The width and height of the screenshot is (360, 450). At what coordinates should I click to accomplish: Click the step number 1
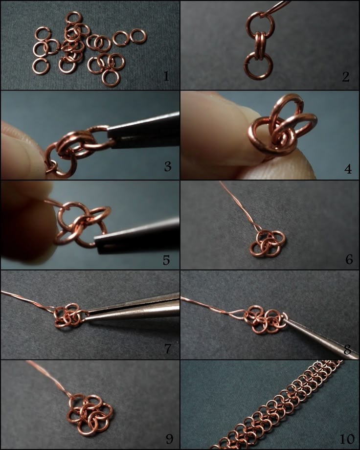coord(166,76)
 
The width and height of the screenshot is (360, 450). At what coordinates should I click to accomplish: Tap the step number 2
coord(346,76)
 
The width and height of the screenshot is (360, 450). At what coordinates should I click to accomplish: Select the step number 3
coord(168,166)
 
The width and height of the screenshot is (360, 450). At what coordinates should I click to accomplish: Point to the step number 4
coord(348,169)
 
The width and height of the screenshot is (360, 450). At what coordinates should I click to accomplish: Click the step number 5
coord(166,260)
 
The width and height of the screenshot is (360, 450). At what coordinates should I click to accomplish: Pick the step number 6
coord(349,259)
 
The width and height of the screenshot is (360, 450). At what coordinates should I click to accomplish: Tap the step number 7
coord(168,349)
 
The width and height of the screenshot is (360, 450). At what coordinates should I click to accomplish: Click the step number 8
coord(347,350)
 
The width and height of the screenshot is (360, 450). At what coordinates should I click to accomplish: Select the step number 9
coord(169,439)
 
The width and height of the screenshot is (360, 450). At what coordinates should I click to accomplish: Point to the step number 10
coord(347,439)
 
